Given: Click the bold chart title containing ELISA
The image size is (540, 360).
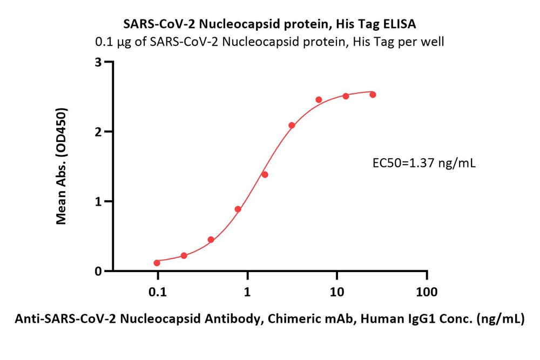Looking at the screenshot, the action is [x=269, y=24].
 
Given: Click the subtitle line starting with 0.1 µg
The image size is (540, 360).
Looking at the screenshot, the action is [x=269, y=42].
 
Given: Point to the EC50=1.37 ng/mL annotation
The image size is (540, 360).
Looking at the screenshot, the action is [x=424, y=162].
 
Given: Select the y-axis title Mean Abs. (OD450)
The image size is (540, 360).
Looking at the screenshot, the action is [x=62, y=166].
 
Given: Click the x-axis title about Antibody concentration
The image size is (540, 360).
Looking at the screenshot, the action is [x=269, y=319].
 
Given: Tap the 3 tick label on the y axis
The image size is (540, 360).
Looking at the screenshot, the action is [x=99, y=62].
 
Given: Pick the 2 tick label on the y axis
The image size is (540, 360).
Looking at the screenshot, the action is [x=99, y=132].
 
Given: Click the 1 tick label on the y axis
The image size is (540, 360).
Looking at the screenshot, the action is [x=99, y=201].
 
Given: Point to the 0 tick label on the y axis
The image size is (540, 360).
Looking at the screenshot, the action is [x=99, y=271].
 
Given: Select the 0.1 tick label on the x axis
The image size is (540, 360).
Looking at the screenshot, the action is [x=157, y=292].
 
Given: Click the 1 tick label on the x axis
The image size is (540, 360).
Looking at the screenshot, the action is [x=247, y=292].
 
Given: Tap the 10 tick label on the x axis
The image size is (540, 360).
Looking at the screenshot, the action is [x=337, y=292].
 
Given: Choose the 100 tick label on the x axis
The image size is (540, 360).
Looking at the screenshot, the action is [x=427, y=292].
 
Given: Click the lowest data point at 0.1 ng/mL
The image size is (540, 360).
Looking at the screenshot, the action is [x=157, y=263].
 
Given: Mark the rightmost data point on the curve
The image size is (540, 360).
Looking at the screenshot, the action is [x=373, y=94].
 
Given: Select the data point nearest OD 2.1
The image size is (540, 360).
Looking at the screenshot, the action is [x=292, y=125].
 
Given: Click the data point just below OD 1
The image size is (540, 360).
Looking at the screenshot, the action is [x=238, y=209].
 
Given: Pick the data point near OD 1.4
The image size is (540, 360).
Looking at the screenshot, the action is [x=265, y=174].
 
